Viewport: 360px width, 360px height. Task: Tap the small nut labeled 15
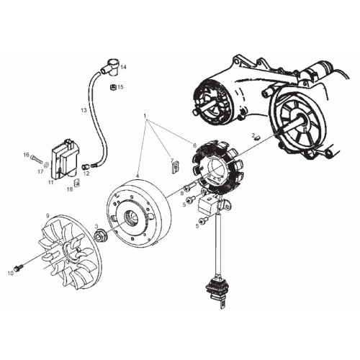112,87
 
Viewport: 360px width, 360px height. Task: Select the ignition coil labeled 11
64,159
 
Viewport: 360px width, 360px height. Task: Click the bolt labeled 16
36,159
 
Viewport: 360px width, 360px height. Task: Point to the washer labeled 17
47,165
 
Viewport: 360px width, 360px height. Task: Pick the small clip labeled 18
77,183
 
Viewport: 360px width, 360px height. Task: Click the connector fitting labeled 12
86,166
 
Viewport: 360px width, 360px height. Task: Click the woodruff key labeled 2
258,138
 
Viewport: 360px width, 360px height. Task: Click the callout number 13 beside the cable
84,110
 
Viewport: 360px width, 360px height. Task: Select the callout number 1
145,116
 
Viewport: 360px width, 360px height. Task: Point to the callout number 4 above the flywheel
138,176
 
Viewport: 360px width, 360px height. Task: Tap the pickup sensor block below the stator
208,204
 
